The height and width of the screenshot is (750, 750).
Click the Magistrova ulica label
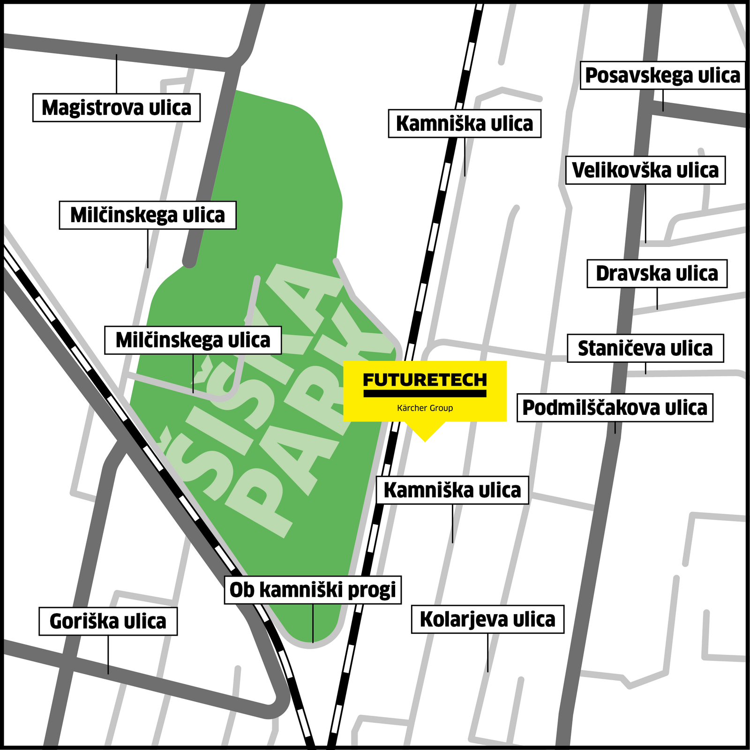[x=116, y=108]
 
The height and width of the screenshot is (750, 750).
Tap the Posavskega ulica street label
[x=662, y=75]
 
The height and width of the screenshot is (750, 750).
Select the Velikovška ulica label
[x=645, y=170]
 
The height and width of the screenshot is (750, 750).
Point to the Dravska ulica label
[x=657, y=274]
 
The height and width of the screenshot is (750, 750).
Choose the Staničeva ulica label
[x=645, y=348]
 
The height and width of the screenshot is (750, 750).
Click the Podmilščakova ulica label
[x=615, y=408]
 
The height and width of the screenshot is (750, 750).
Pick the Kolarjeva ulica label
[x=487, y=619]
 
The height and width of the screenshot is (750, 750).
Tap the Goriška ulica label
[x=108, y=622]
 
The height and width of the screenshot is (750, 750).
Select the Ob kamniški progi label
[x=313, y=590]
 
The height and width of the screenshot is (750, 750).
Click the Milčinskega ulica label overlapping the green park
[x=193, y=340]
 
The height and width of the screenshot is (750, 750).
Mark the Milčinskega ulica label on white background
[x=148, y=215]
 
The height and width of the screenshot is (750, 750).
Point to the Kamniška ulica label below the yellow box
[x=452, y=490]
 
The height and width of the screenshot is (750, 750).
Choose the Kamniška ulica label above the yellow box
[x=465, y=124]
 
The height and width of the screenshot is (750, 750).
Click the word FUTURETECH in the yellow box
[x=425, y=379]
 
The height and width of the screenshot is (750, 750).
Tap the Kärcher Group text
[x=425, y=408]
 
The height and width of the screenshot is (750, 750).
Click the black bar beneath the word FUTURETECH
[x=425, y=394]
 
